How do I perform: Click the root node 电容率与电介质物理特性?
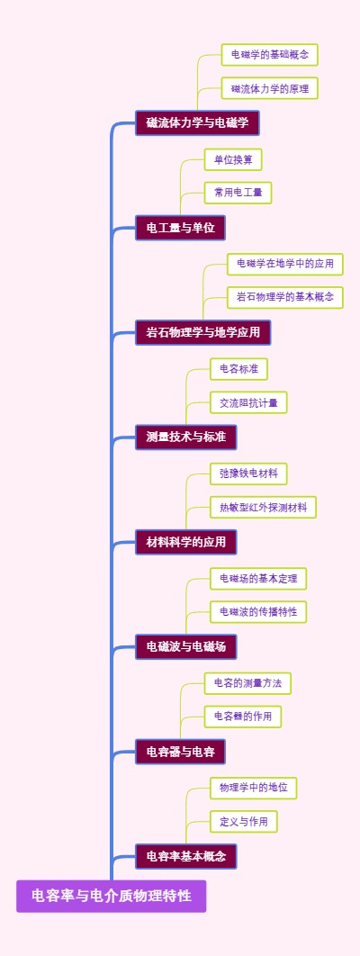[x=111, y=896]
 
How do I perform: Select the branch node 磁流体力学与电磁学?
[x=197, y=122]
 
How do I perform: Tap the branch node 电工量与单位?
[x=180, y=228]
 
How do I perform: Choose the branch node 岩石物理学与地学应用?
[x=202, y=332]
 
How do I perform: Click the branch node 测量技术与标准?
[x=185, y=437]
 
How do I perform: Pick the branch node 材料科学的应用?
[x=185, y=542]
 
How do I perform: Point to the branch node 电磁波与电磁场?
[x=185, y=646]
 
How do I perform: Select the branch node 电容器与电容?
[x=180, y=751]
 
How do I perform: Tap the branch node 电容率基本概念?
[x=185, y=855]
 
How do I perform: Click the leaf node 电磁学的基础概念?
[x=270, y=55]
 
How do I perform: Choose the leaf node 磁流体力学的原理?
[x=270, y=88]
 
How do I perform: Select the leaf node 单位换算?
[x=233, y=159]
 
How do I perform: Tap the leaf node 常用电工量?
[x=238, y=193]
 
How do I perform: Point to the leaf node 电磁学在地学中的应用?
[x=285, y=264]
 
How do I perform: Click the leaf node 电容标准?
[x=238, y=368]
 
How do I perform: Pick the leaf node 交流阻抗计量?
[x=248, y=402]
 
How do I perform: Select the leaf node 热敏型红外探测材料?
[x=263, y=507]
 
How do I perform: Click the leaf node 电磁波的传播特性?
[x=258, y=611]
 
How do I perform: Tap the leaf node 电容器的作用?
[x=243, y=717]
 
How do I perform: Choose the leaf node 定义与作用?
[x=243, y=821]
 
